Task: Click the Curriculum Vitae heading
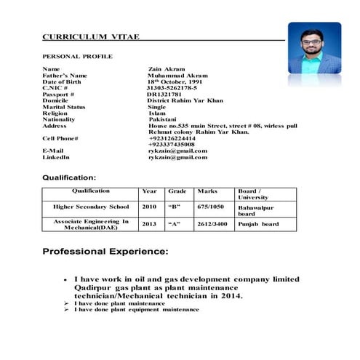(x=86, y=36)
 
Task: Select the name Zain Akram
(x=169, y=69)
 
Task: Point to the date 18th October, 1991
(x=178, y=81)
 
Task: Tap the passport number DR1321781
(x=164, y=94)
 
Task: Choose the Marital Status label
(x=64, y=106)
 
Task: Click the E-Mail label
(x=55, y=151)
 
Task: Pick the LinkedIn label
(x=56, y=157)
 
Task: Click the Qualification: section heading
(x=68, y=177)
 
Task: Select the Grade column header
(x=177, y=191)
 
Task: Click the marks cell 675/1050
(x=211, y=207)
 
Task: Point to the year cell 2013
(x=149, y=224)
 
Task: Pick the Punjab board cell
(x=257, y=224)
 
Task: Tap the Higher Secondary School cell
(x=91, y=207)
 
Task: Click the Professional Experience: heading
(x=105, y=252)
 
